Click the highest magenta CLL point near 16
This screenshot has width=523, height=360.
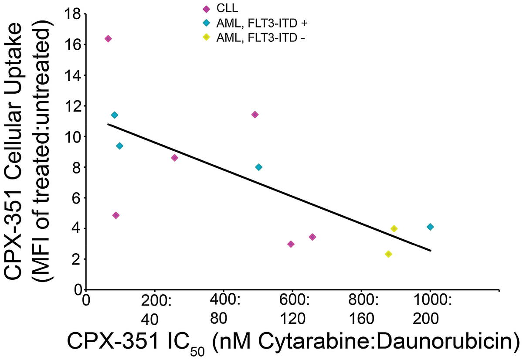(108, 39)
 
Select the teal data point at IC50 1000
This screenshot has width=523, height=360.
(430, 227)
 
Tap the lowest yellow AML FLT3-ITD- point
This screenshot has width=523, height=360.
(388, 254)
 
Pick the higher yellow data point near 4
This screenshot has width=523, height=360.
(394, 229)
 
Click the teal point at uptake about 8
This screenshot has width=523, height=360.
(258, 167)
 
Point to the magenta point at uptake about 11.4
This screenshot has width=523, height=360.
(255, 115)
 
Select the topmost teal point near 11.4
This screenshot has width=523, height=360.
(115, 115)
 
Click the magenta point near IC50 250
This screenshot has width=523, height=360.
(174, 158)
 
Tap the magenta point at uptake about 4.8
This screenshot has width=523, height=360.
(116, 215)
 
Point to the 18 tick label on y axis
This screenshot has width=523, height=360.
(72, 14)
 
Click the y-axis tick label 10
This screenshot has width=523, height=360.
(72, 137)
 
